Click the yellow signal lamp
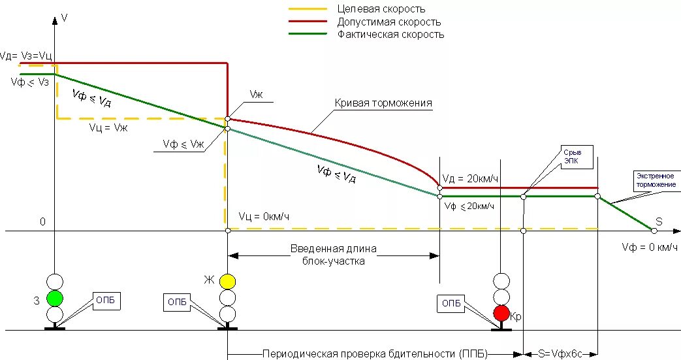click(x=227, y=282)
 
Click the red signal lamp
click(x=501, y=313)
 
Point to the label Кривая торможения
click(x=383, y=103)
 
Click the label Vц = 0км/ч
click(x=264, y=216)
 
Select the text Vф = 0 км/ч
click(x=650, y=247)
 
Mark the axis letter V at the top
click(x=64, y=18)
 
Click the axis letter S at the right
click(x=659, y=222)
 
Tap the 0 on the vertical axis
click(x=42, y=221)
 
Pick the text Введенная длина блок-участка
click(x=333, y=254)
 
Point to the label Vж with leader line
click(x=257, y=95)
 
